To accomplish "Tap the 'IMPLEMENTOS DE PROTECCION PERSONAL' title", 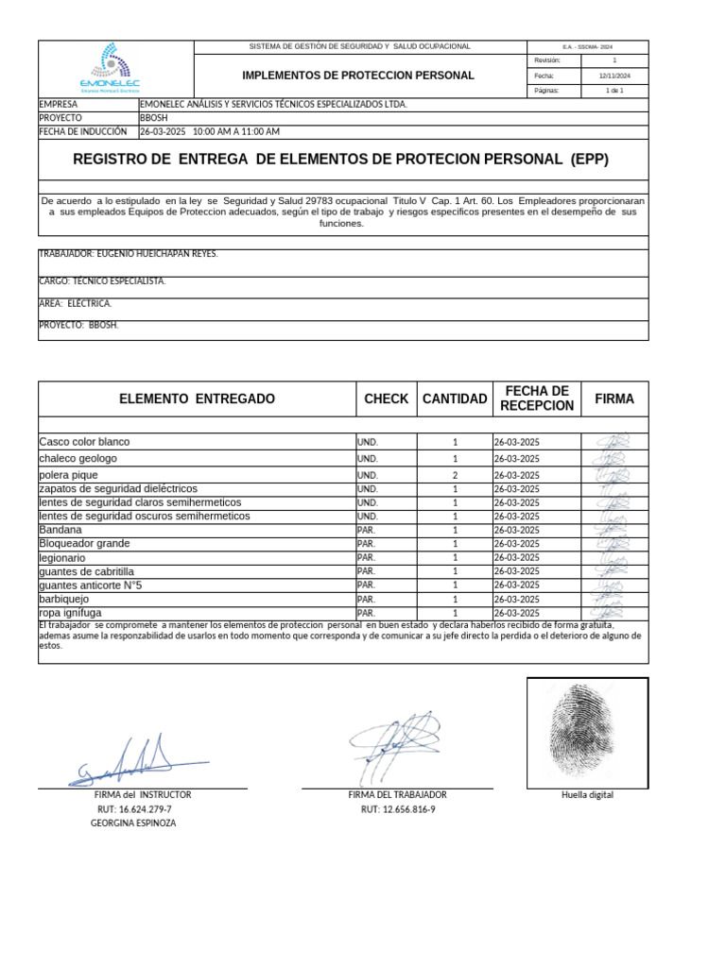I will point(358,76).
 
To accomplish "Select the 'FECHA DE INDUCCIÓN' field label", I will point(82,132).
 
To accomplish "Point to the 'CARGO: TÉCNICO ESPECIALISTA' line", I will point(102,281).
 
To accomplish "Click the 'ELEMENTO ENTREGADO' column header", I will point(197,399).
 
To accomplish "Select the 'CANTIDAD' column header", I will point(455,399).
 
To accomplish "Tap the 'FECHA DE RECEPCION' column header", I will point(536,399).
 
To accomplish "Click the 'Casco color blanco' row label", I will point(85,442).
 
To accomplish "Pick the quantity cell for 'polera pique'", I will point(455,475).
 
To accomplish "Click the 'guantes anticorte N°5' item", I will point(91,585).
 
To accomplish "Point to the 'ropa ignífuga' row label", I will point(70,613).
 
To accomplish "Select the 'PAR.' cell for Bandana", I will point(367,531).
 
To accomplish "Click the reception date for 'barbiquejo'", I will point(516,599).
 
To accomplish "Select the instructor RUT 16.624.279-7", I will point(134,809).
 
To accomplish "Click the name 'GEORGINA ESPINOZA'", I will point(133,823).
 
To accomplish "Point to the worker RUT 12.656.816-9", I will point(397,809).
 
